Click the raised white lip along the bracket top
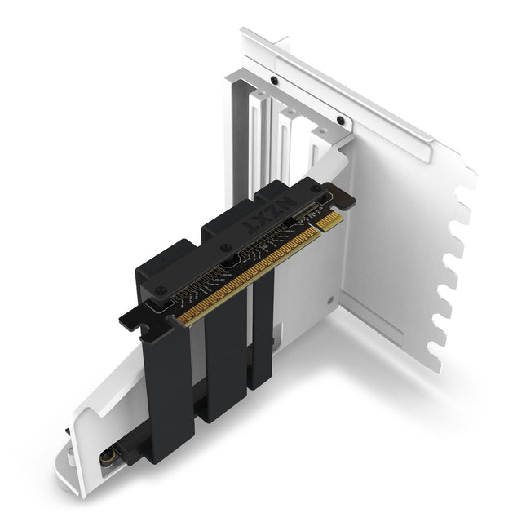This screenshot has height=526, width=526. (x=359, y=90)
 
